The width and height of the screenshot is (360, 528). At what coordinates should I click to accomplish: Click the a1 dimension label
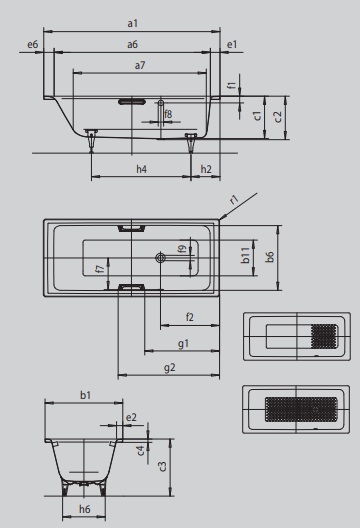coord(133,23)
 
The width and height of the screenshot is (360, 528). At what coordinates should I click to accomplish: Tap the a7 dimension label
coord(140,65)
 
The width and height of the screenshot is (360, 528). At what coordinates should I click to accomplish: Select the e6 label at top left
coord(33,44)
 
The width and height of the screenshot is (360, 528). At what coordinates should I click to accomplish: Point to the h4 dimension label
coord(141,169)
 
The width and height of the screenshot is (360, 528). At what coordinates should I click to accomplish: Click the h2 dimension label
coord(206,169)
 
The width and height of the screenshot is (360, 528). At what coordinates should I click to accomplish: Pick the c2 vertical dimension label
coord(277,117)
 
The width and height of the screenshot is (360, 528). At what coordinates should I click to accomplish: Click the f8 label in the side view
coord(168,114)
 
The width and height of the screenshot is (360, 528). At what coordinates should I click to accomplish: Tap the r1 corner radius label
coord(234,199)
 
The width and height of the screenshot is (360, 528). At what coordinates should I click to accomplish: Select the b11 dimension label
coord(246,255)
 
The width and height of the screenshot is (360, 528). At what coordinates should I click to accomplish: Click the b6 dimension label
coord(269,257)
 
